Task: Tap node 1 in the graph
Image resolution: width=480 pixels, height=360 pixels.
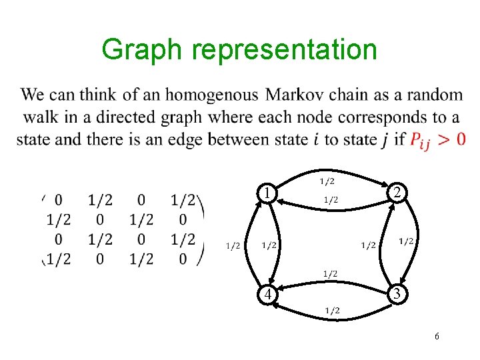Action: pos(267,193)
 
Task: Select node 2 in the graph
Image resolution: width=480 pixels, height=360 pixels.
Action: pos(397,193)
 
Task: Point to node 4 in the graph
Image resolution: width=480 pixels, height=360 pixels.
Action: pos(267,294)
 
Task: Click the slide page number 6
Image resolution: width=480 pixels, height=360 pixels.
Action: pos(436,337)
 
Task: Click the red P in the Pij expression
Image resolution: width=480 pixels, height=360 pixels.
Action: pos(416,139)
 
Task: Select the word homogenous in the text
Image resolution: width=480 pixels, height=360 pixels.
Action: pos(211,95)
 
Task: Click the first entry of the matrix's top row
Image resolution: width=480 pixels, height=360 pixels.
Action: pos(59,199)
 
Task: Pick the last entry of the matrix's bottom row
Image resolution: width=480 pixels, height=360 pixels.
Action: pos(183,259)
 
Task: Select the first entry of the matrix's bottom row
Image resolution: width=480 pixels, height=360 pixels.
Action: pos(59,259)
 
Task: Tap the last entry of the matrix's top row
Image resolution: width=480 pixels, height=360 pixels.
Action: pos(183,199)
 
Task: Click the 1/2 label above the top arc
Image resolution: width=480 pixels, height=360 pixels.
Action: pos(327,181)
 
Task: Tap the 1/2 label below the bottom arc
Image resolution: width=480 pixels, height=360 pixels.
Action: pos(332,310)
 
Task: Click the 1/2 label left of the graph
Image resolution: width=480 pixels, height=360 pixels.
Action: pos(233,246)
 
